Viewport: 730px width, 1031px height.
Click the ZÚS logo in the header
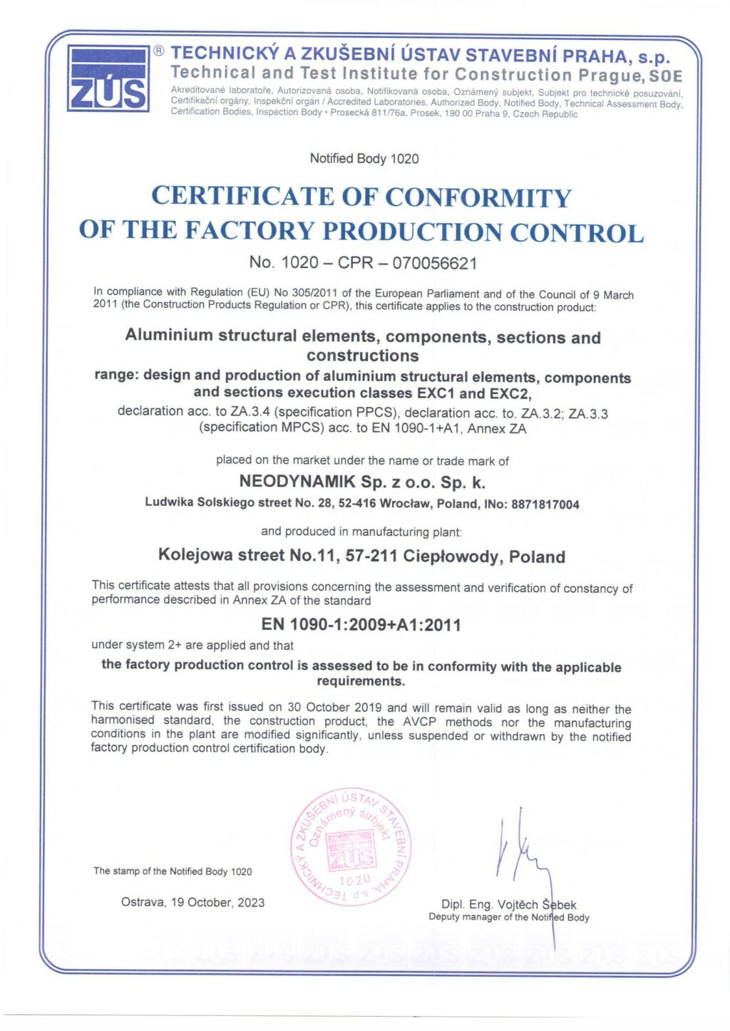[108, 78]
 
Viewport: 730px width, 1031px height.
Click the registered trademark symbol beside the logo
[159, 51]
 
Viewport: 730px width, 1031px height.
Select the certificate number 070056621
[434, 264]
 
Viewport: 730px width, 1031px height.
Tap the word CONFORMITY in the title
[478, 197]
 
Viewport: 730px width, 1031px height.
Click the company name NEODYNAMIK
[297, 482]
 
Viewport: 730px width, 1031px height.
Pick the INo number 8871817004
[545, 504]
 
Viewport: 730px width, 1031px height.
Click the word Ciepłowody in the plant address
[453, 556]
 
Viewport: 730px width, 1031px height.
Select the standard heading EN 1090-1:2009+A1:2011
[361, 625]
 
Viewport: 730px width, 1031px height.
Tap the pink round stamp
[351, 847]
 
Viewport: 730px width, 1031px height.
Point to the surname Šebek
[559, 904]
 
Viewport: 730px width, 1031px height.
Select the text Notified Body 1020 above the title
[364, 158]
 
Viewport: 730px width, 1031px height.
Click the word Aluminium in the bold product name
[169, 335]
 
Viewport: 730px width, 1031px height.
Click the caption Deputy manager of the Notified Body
[508, 917]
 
